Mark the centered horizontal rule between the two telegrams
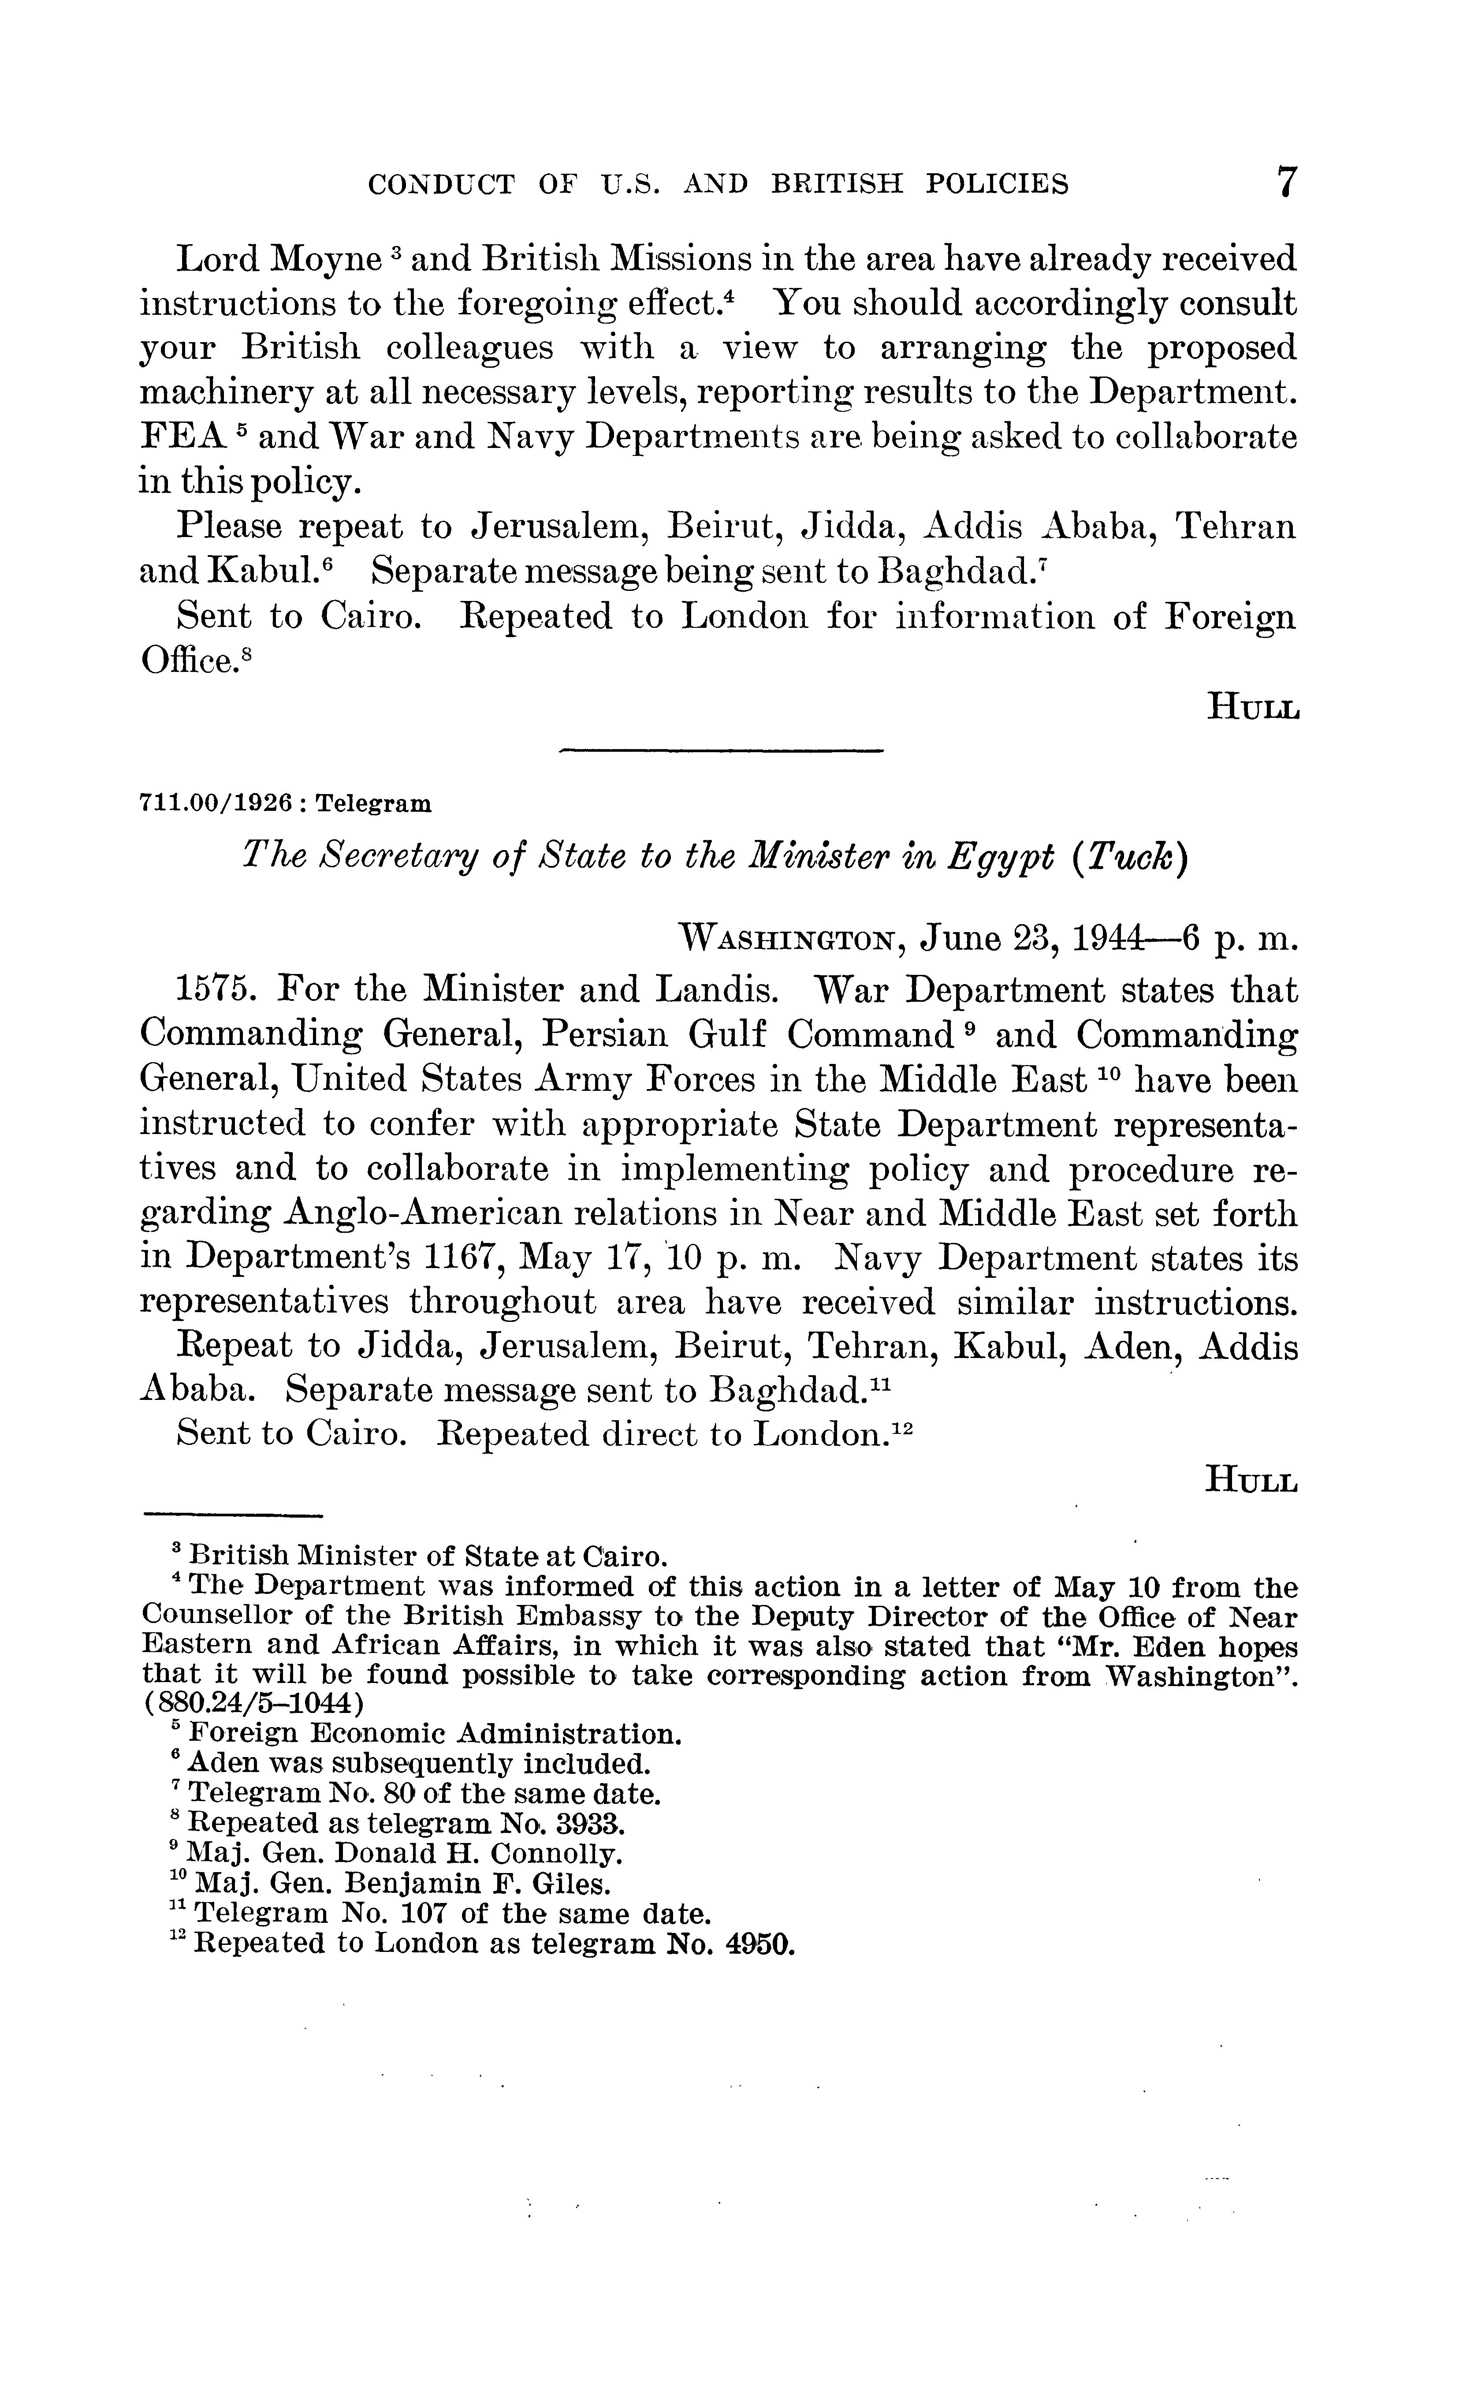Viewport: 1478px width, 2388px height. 720,751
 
